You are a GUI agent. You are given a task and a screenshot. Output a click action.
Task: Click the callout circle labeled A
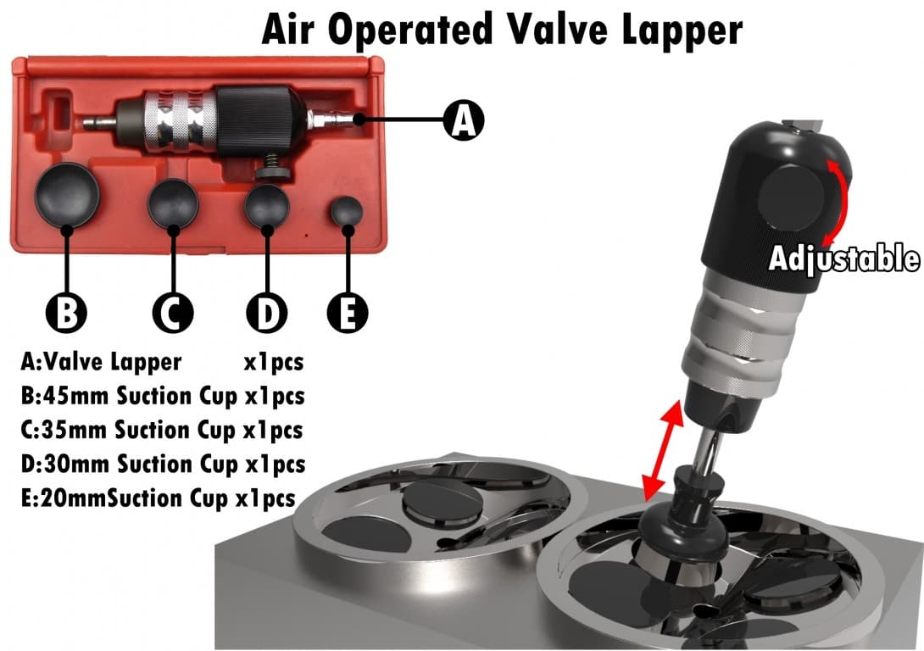point(463,119)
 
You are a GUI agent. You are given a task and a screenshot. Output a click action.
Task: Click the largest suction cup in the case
point(67,194)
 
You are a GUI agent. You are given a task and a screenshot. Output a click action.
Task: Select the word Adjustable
point(843,258)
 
